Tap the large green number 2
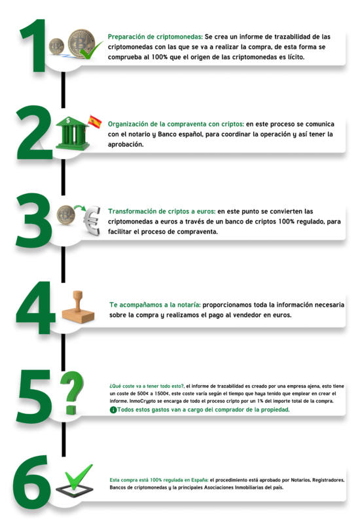point(35,132)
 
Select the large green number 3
point(34,220)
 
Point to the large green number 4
point(35,307)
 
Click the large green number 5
point(35,396)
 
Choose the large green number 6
point(31,482)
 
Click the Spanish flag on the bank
point(95,122)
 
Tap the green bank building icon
point(73,133)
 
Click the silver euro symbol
point(92,221)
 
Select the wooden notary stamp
point(78,307)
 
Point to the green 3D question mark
point(71,392)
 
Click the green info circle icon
point(113,410)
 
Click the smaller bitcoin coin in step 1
point(56,46)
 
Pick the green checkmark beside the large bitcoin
point(92,51)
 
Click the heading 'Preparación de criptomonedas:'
point(155,37)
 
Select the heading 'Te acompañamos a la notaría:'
point(155,305)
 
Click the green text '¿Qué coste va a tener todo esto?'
point(147,386)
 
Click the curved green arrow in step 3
point(80,208)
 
